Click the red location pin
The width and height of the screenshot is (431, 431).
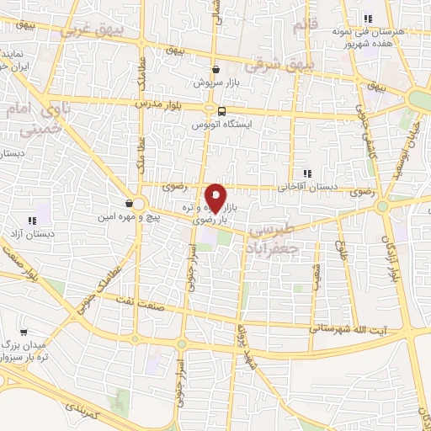pyautogui.click(x=215, y=198)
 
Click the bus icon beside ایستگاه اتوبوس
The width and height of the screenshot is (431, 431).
pyautogui.click(x=221, y=110)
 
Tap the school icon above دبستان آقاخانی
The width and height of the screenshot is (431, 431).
pyautogui.click(x=308, y=173)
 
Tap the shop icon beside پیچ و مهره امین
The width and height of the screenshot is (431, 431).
pyautogui.click(x=129, y=203)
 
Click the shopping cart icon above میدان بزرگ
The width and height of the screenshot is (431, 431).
pyautogui.click(x=23, y=332)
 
